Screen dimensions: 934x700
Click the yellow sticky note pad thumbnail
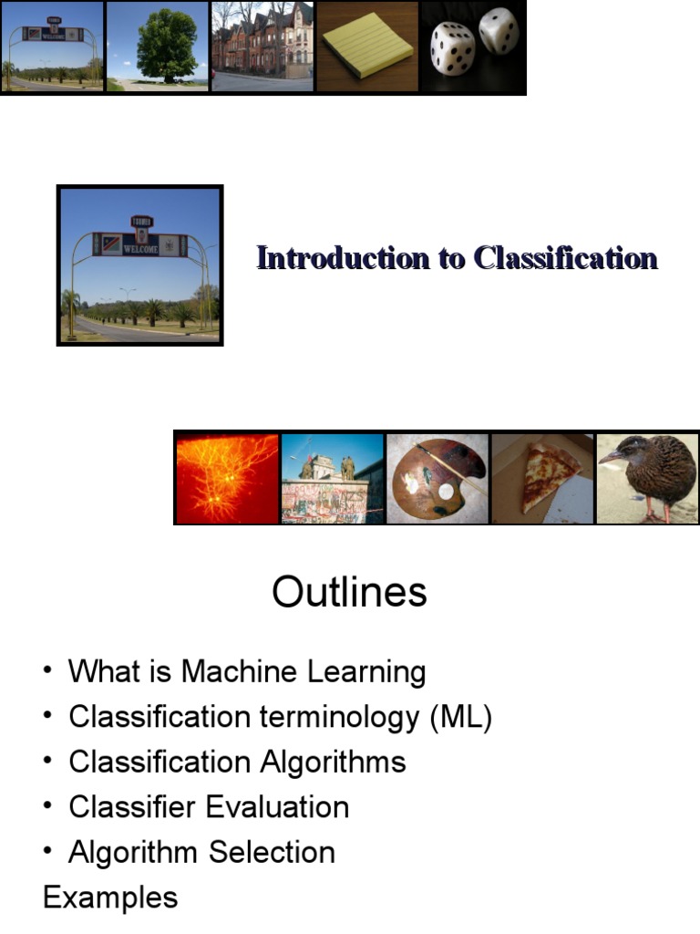click(367, 46)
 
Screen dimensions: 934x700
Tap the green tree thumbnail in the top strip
click(159, 46)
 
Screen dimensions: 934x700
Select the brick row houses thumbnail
click(262, 46)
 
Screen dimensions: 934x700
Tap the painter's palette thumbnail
click(438, 478)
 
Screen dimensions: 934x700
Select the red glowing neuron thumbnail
click(226, 478)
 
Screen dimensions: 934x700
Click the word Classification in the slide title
click(565, 258)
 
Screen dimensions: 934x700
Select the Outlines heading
click(349, 593)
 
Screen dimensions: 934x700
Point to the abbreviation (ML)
click(461, 717)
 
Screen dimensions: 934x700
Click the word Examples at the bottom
click(110, 898)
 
